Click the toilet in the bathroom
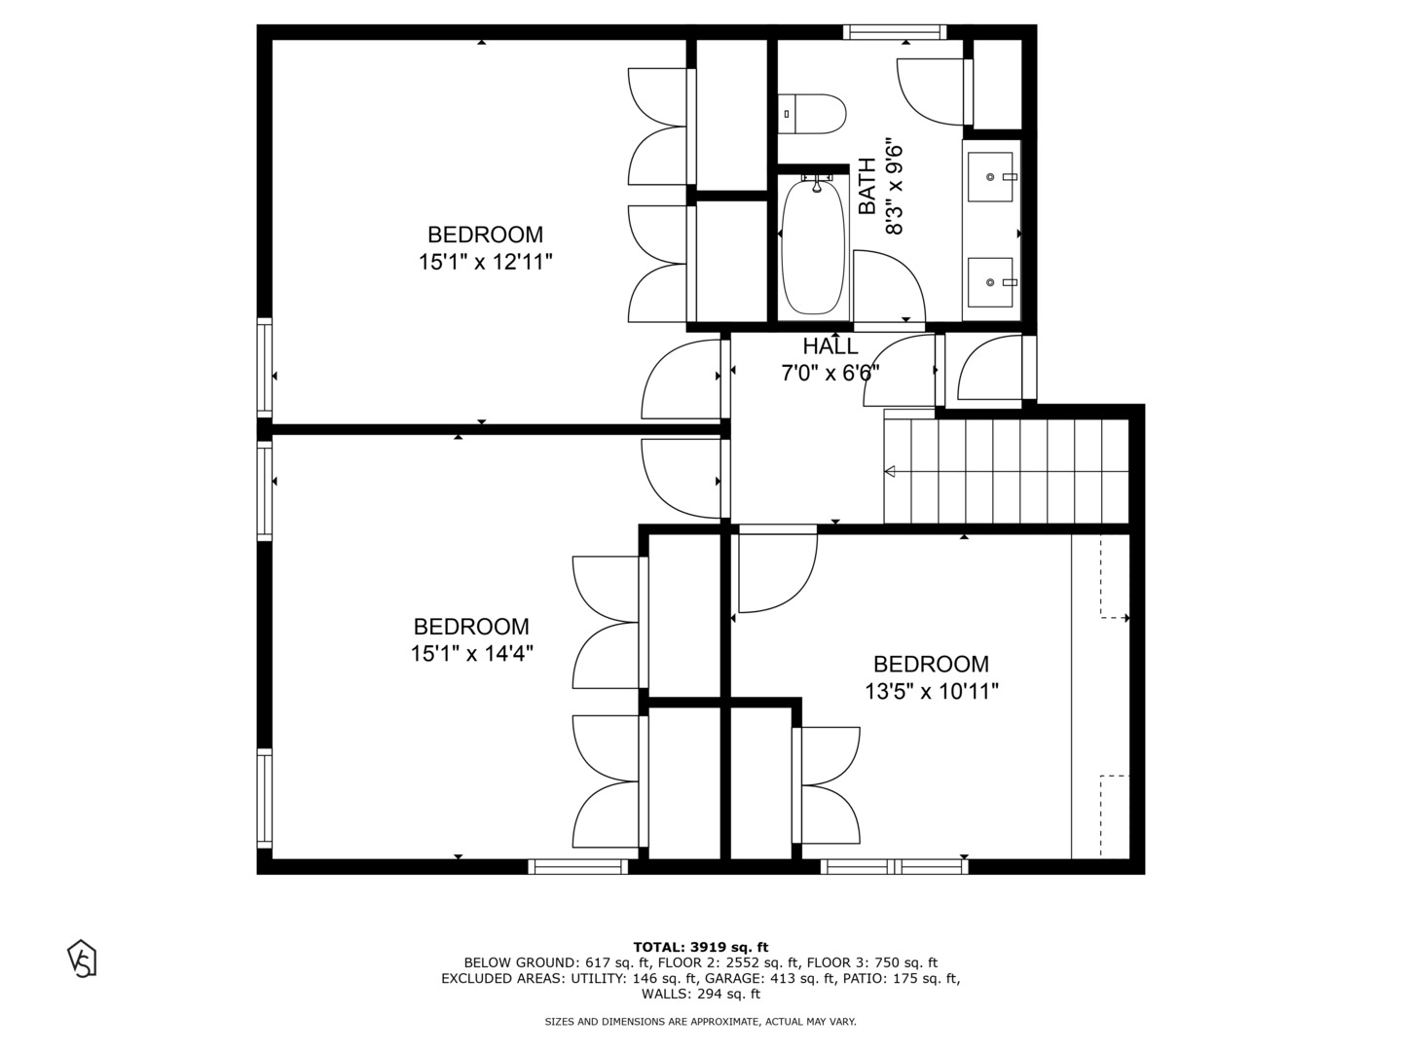click(x=813, y=114)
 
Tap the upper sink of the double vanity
click(x=991, y=177)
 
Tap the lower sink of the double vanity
click(x=991, y=282)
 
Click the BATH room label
click(x=867, y=188)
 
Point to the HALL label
click(x=830, y=346)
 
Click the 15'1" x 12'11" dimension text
click(x=486, y=262)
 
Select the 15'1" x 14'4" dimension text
click(x=471, y=654)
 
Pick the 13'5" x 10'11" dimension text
click(x=931, y=692)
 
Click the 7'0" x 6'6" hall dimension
click(x=830, y=373)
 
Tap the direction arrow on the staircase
click(x=890, y=472)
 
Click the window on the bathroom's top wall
click(x=895, y=32)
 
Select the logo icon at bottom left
click(x=82, y=958)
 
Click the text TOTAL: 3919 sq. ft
click(x=700, y=947)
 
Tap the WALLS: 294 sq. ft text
click(x=700, y=994)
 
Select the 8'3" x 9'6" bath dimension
click(x=895, y=188)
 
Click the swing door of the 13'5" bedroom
click(x=776, y=574)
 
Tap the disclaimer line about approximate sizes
click(x=700, y=1022)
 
